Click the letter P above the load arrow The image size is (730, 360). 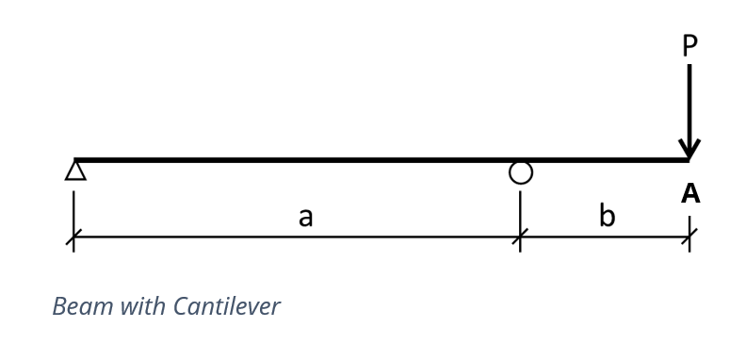pyautogui.click(x=689, y=45)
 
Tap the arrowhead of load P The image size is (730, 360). pyautogui.click(x=689, y=149)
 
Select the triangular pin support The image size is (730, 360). pyautogui.click(x=75, y=171)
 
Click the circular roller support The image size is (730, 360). pyautogui.click(x=521, y=172)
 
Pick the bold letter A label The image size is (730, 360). pyautogui.click(x=690, y=193)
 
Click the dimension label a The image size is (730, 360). pyautogui.click(x=305, y=217)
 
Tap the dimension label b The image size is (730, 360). pyautogui.click(x=607, y=216)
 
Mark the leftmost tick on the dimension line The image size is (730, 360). pyautogui.click(x=73, y=237)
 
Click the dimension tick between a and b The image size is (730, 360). pyautogui.click(x=520, y=237)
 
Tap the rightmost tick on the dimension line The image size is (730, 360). pyautogui.click(x=689, y=237)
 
